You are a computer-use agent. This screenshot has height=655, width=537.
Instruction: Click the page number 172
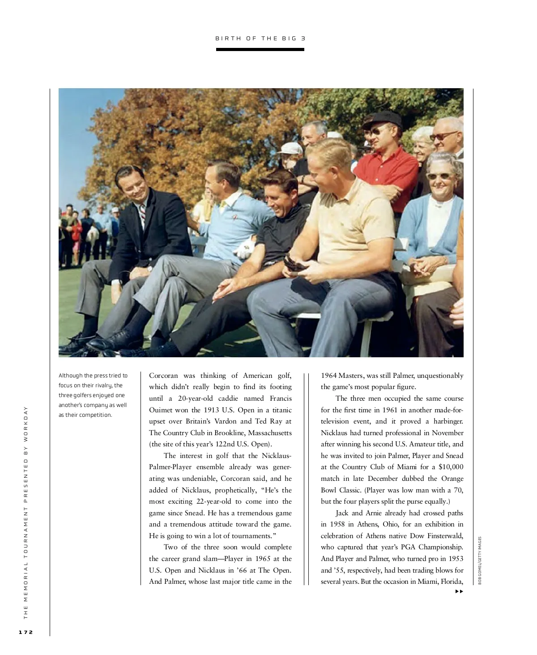click(x=26, y=632)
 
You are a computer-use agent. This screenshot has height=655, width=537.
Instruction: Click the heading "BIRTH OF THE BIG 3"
click(x=260, y=39)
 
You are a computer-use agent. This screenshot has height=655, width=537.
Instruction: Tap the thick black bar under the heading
click(x=260, y=49)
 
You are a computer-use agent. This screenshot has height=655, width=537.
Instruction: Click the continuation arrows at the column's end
click(x=459, y=591)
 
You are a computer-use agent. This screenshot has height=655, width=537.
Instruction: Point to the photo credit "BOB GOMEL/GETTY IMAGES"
click(x=480, y=561)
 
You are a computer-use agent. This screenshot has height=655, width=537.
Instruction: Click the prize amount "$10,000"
click(x=451, y=467)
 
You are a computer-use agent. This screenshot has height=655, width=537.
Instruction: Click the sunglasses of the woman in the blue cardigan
click(x=439, y=176)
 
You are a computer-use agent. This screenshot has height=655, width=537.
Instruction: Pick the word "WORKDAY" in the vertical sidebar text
click(x=26, y=423)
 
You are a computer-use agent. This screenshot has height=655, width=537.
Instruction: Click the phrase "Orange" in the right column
click(x=452, y=479)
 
